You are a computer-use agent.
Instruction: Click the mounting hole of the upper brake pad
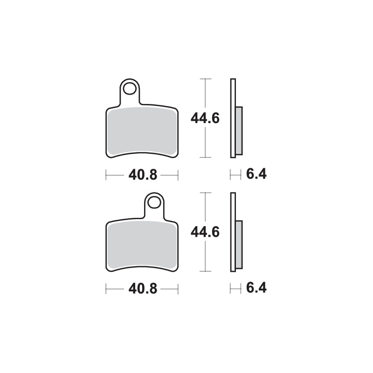[x=131, y=88]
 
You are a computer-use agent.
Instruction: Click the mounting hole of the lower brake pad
[x=154, y=202]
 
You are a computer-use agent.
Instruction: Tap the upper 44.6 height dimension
[x=205, y=118]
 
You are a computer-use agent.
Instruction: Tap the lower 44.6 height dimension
[x=205, y=232]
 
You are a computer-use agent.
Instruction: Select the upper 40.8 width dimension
[x=143, y=175]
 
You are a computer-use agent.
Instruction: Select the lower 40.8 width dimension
[x=143, y=289]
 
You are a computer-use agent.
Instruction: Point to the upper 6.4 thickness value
[x=256, y=175]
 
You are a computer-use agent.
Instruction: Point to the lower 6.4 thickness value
[x=256, y=288]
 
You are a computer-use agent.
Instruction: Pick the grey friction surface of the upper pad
[x=142, y=131]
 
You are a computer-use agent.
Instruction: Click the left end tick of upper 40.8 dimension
[x=107, y=175]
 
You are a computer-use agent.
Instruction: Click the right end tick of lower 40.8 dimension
[x=178, y=289]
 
